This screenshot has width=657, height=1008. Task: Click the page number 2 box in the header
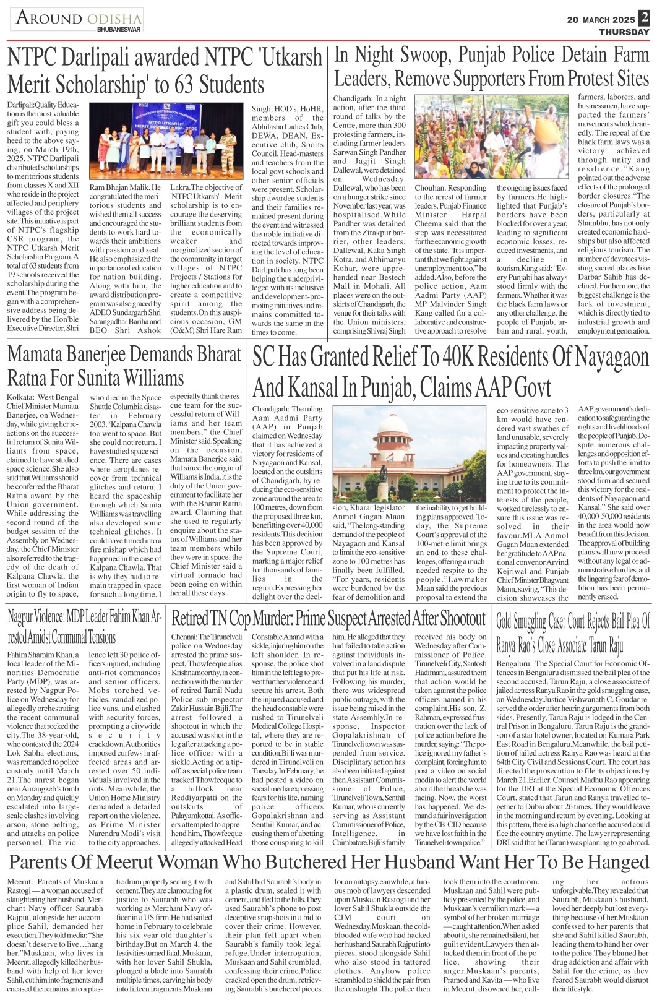pos(645,18)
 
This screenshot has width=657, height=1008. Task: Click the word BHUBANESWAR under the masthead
pos(119,29)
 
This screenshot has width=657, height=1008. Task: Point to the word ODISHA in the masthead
pos(112,19)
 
